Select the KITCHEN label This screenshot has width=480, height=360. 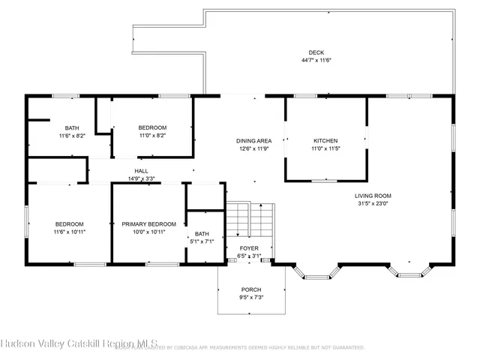click(325, 141)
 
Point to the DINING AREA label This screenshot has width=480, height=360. click(253, 141)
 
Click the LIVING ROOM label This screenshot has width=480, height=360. click(373, 196)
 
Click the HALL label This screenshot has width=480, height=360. click(141, 171)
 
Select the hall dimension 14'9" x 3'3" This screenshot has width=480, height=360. click(141, 178)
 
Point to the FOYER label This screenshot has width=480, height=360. click(250, 248)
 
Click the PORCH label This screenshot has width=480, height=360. click(251, 289)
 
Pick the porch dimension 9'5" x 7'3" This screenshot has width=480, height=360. click(251, 297)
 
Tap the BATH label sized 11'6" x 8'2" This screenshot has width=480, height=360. click(72, 128)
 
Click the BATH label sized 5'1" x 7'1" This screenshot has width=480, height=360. click(202, 234)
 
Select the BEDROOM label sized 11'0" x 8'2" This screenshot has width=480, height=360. click(152, 128)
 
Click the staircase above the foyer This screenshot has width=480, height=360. click(250, 219)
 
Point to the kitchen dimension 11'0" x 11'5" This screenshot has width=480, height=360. click(325, 148)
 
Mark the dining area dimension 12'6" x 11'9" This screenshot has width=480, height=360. click(253, 148)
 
